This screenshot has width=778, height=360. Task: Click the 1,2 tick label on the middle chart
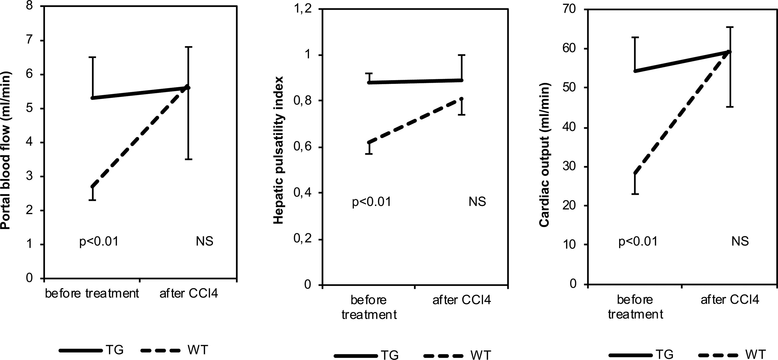tap(302, 10)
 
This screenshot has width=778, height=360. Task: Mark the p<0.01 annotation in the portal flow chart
tap(99, 242)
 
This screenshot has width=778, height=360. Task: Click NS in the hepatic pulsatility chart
tap(477, 202)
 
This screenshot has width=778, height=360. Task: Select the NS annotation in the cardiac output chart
tap(740, 241)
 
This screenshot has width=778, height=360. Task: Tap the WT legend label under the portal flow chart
tap(198, 350)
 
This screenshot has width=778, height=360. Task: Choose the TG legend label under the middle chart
tap(390, 355)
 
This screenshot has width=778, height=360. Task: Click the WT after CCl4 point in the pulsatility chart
tap(462, 99)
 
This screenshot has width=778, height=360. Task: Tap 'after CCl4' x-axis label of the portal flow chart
tap(189, 293)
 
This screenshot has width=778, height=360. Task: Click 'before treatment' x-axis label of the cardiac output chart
tap(635, 307)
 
